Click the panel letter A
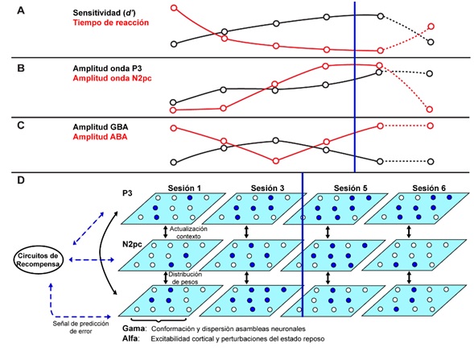click(21, 11)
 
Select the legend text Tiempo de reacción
click(110, 23)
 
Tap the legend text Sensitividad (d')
click(104, 13)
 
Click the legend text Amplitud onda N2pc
click(112, 78)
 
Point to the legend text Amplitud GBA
click(101, 127)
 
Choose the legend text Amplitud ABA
click(100, 137)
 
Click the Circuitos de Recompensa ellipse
click(38, 260)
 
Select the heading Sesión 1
click(184, 188)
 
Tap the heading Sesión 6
click(429, 188)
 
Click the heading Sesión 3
click(267, 188)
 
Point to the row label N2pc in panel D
click(132, 244)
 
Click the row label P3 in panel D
click(127, 193)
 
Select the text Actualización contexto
click(188, 232)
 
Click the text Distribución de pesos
click(185, 278)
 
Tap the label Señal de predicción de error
click(80, 327)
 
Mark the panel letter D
click(21, 180)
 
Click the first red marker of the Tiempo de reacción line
click(174, 7)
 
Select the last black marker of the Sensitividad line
click(431, 42)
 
